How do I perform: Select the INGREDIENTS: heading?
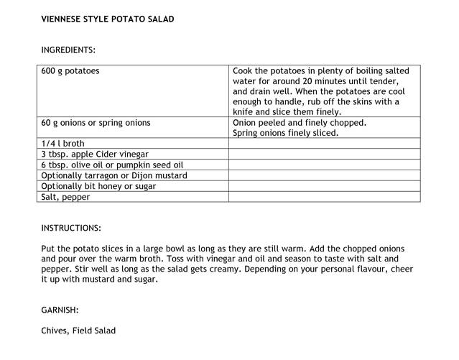pyautogui.click(x=68, y=50)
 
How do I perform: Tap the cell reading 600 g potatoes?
pyautogui.click(x=70, y=71)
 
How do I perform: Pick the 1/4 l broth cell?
pyautogui.click(x=62, y=144)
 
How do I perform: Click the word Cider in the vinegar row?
pyautogui.click(x=114, y=154)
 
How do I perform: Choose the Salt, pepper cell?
pyautogui.click(x=65, y=197)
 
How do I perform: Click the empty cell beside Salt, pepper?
pyautogui.click(x=324, y=197)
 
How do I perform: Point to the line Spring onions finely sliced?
pyautogui.click(x=285, y=133)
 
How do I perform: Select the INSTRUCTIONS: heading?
pyautogui.click(x=71, y=228)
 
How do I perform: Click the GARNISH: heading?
pyautogui.click(x=60, y=310)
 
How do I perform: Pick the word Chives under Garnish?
pyautogui.click(x=55, y=331)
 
